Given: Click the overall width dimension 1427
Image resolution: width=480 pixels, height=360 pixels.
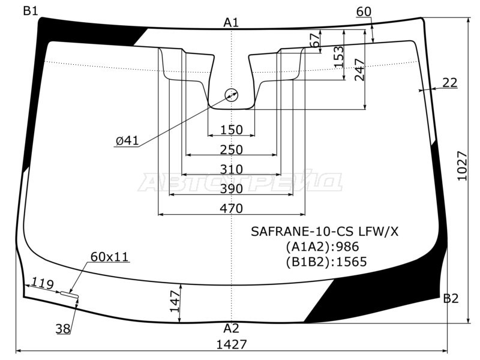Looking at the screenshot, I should (x=231, y=344).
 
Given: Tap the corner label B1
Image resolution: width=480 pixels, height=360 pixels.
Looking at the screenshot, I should (x=31, y=10).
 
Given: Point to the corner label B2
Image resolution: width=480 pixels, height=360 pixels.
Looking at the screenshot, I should (x=451, y=298).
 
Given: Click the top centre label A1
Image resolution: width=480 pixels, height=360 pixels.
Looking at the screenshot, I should (x=231, y=23).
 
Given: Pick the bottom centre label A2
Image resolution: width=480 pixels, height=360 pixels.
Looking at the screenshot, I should (x=231, y=328).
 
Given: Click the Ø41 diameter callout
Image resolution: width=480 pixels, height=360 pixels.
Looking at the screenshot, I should (x=127, y=141).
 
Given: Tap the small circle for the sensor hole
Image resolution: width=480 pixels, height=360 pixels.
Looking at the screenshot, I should (x=232, y=95).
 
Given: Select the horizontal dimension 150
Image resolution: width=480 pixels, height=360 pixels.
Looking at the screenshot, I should (x=231, y=130).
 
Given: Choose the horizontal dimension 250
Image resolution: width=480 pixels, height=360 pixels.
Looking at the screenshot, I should (x=231, y=149).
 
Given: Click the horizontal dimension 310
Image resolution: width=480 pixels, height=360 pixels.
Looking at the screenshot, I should (x=231, y=169).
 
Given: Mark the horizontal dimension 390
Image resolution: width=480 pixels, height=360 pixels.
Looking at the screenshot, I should (x=231, y=189).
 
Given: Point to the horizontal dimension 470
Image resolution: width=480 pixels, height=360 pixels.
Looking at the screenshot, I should (x=231, y=209).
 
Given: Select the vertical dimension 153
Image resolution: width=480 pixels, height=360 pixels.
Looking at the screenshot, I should (x=338, y=58).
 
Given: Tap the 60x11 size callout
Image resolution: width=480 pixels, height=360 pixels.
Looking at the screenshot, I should (x=109, y=257).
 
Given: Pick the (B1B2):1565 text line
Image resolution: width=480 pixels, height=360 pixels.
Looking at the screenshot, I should (x=326, y=261).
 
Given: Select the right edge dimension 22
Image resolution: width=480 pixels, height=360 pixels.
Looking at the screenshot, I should (x=450, y=83).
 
